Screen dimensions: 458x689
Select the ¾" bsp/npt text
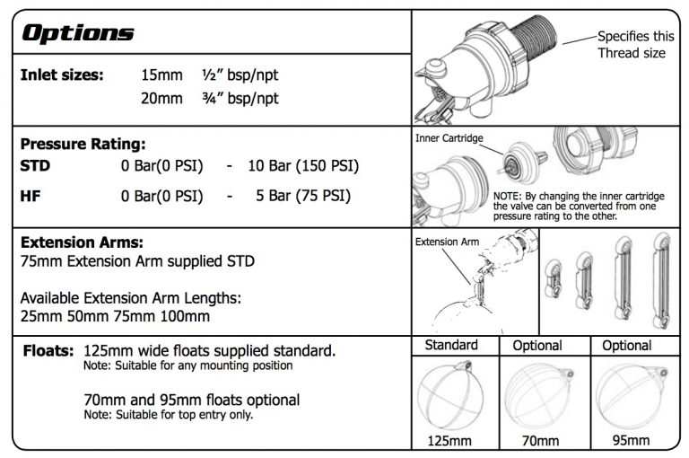(x=240, y=99)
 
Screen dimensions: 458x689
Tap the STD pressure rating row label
(x=35, y=166)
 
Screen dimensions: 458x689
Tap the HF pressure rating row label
(x=30, y=195)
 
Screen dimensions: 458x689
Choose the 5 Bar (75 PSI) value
(x=302, y=195)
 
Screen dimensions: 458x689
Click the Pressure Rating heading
(x=83, y=144)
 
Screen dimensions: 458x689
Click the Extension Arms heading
(x=82, y=242)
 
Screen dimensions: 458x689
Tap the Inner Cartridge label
(x=449, y=139)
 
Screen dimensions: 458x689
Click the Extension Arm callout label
(x=447, y=242)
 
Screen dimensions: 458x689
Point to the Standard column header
(x=451, y=345)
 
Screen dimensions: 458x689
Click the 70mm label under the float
(x=538, y=441)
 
